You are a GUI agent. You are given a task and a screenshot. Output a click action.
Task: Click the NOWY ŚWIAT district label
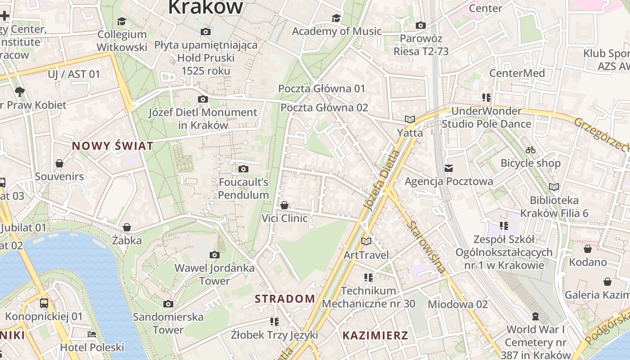click(112, 146)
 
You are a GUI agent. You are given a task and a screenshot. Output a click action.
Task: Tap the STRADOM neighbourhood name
click(285, 299)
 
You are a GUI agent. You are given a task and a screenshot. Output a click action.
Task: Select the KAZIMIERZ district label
click(375, 335)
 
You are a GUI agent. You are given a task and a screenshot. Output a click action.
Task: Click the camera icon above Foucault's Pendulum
click(243, 169)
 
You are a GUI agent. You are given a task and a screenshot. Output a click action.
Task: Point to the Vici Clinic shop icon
click(284, 206)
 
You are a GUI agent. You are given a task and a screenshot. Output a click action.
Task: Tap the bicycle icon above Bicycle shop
click(531, 150)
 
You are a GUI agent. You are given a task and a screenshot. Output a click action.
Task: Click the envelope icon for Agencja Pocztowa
click(449, 168)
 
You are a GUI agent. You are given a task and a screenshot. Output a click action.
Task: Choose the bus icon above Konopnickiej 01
click(44, 303)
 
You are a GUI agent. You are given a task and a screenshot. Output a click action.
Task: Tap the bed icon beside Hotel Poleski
click(92, 334)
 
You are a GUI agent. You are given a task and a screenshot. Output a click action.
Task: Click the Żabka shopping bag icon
click(127, 227)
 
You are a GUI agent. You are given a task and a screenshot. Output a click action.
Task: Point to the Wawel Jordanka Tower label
click(215, 274)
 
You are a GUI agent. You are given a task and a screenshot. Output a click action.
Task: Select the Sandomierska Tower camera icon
click(168, 304)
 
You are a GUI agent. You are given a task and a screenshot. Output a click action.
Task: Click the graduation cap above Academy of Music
click(336, 18)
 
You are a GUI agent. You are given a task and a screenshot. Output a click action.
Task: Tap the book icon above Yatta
click(409, 119)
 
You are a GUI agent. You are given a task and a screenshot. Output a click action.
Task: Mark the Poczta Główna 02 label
click(324, 108)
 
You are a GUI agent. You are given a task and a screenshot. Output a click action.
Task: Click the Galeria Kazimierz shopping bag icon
click(607, 282)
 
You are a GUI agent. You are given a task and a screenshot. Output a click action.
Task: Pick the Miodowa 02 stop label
click(457, 304)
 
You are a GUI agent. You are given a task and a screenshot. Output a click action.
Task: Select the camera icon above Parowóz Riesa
click(421, 25)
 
